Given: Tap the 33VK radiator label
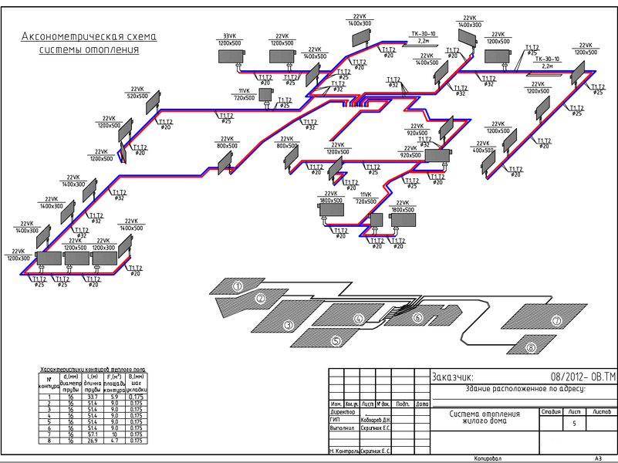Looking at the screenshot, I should click(x=230, y=36).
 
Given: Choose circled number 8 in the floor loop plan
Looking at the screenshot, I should click(x=531, y=348).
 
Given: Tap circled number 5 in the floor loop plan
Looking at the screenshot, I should click(x=336, y=340).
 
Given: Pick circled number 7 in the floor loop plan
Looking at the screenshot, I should click(x=556, y=320).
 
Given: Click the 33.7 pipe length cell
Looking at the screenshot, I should click(x=93, y=397).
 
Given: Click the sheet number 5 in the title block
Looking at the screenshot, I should click(x=574, y=424).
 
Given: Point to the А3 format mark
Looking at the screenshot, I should click(x=598, y=458).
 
